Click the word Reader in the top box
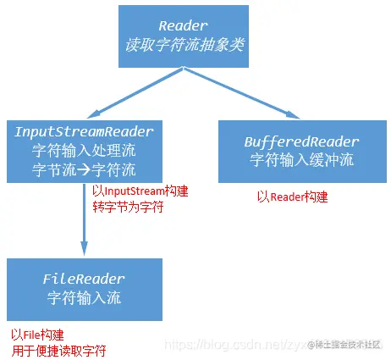(x=193, y=27)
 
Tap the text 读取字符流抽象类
(x=193, y=45)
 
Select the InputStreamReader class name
(x=83, y=132)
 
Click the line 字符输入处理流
(x=83, y=150)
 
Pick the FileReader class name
(x=83, y=279)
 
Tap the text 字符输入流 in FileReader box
(x=83, y=297)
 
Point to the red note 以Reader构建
(x=292, y=197)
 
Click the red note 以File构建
(x=37, y=334)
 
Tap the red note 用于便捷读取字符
(x=58, y=349)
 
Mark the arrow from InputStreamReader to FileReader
(x=83, y=220)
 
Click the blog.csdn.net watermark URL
(x=233, y=345)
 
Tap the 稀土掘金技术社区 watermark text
(x=347, y=344)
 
